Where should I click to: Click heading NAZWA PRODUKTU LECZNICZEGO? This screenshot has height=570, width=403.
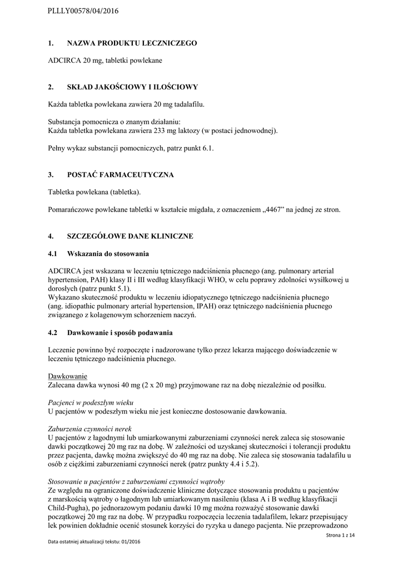tap(132, 43)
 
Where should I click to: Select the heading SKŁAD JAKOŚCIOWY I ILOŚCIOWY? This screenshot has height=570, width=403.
tap(132, 87)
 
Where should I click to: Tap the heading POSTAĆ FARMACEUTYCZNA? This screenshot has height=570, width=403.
tap(120, 175)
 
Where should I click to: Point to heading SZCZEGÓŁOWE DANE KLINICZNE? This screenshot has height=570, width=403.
tap(130, 236)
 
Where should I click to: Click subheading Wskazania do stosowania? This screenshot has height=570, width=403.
tap(108, 254)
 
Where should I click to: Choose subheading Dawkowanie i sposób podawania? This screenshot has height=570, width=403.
tap(120, 333)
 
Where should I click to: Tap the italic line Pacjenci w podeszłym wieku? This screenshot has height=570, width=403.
tap(91, 402)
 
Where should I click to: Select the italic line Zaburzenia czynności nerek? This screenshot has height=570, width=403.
tap(89, 429)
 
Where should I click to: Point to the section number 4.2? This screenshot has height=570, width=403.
tap(53, 333)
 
